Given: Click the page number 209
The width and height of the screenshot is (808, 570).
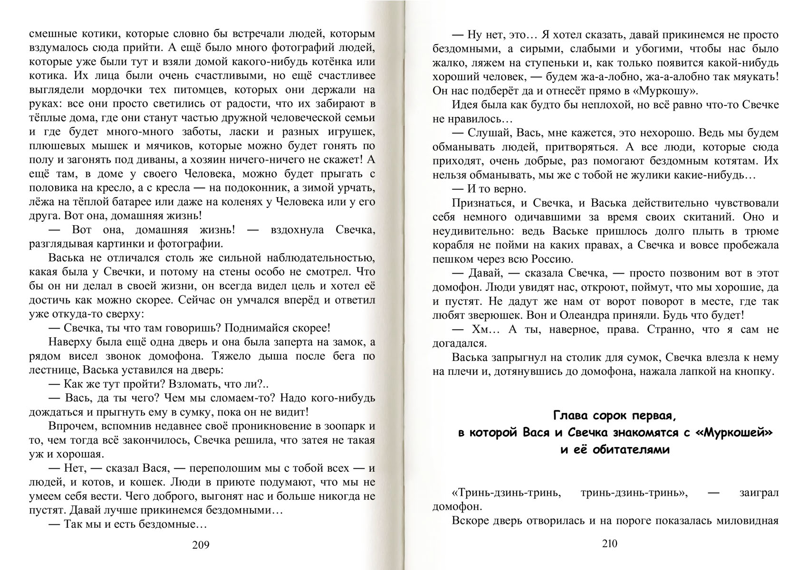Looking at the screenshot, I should (x=201, y=545).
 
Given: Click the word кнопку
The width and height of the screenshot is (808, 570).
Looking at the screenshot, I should (x=752, y=371).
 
